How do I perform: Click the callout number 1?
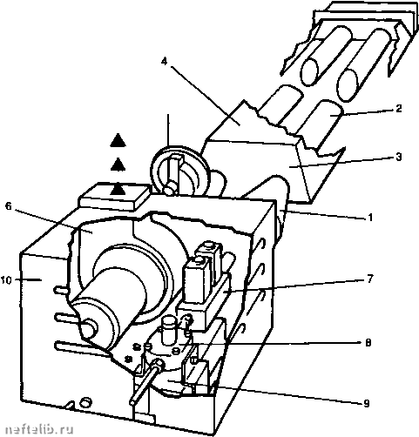(369, 217)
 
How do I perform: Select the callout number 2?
(399, 109)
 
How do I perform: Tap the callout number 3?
(399, 157)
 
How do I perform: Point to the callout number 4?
(165, 61)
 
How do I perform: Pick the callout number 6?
(9, 206)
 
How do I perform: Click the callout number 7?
(369, 279)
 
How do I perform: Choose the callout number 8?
(368, 343)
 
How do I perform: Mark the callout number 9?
(367, 403)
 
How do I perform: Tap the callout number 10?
(6, 280)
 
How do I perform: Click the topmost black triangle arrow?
(118, 140)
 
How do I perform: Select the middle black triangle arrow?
(118, 165)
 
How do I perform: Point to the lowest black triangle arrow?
(118, 189)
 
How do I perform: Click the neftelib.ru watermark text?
(39, 430)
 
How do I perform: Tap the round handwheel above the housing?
(179, 171)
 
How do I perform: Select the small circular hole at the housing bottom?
(85, 403)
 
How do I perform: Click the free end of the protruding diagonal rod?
(133, 403)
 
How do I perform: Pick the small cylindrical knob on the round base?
(167, 331)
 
